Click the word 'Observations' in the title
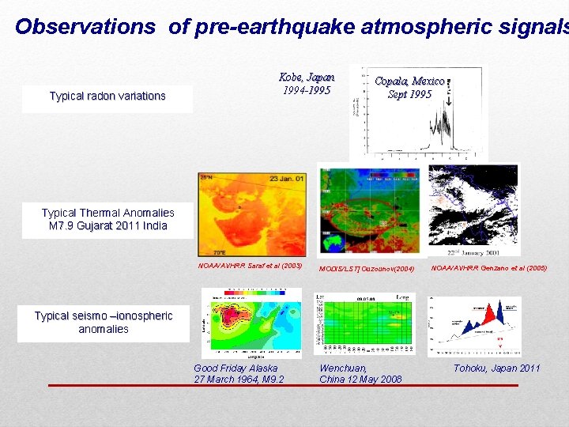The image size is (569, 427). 85,27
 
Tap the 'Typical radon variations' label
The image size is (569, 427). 107,96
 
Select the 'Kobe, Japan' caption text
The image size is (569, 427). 307,77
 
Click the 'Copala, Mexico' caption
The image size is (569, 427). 409,81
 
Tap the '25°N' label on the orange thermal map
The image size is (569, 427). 207,177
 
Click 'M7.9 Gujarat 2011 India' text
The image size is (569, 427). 107,226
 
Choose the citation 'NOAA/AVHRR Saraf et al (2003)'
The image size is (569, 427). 250,265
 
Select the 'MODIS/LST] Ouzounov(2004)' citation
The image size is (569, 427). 366,269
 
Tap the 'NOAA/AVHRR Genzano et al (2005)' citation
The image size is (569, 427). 488,268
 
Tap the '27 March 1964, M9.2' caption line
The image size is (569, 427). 239,380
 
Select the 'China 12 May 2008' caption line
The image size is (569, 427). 360,380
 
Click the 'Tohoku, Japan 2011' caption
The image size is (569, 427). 496,368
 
